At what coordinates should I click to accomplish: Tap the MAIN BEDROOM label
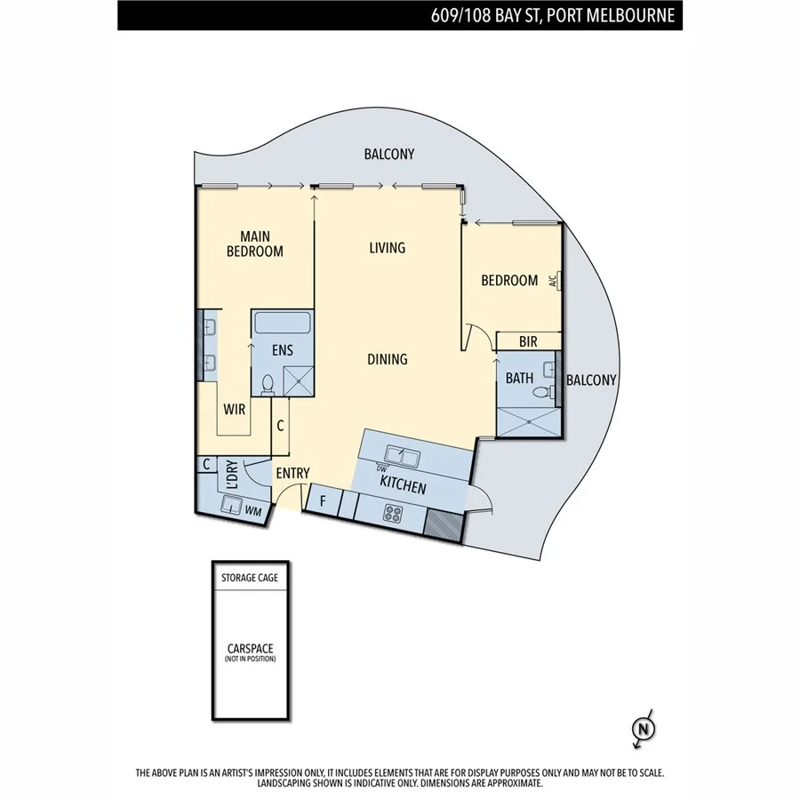pos(255,244)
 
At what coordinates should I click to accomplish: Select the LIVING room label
pos(387,247)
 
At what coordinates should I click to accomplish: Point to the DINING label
pos(388,359)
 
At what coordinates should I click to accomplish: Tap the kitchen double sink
pos(408,458)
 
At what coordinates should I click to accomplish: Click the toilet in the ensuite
pos(268,384)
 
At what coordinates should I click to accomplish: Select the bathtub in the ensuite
pos(282,323)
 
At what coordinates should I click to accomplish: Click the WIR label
pos(235,410)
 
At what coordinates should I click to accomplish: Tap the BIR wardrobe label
pos(528,341)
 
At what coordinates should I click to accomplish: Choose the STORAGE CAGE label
pos(250,577)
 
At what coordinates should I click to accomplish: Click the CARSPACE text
pos(250,649)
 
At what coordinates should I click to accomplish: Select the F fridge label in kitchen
pos(323,501)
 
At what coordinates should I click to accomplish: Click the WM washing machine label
pos(252,510)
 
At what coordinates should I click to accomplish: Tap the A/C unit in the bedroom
pos(554,280)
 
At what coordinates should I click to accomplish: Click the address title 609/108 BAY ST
pos(551,15)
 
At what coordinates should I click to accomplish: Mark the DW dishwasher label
pos(382,468)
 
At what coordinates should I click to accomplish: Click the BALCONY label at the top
pos(388,154)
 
